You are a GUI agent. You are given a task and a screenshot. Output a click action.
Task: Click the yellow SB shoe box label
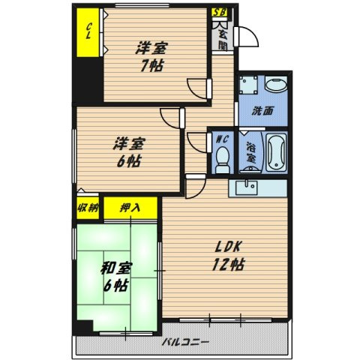click(x=220, y=12)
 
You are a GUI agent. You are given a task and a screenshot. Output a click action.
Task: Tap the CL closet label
click(x=88, y=31)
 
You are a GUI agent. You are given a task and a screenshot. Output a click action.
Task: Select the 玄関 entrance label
click(x=223, y=40)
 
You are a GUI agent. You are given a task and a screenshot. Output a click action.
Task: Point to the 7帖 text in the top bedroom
click(x=152, y=66)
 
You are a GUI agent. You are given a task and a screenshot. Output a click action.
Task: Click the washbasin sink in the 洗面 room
click(x=276, y=85)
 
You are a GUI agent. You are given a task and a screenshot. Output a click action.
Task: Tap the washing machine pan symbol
click(x=248, y=85)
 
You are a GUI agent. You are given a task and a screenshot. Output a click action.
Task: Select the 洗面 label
click(x=262, y=111)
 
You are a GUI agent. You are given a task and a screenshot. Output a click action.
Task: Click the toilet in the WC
click(x=222, y=160)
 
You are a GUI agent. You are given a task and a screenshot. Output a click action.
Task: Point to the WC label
click(x=222, y=139)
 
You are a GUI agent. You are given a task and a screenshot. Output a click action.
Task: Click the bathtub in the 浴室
click(x=276, y=152)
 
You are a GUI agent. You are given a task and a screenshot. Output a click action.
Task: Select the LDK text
click(x=228, y=247)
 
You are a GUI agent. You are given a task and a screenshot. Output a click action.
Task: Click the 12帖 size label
click(x=228, y=265)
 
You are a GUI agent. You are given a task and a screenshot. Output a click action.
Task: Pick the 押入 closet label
click(x=130, y=208)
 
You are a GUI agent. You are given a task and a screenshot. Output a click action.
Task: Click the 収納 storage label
click(x=88, y=208)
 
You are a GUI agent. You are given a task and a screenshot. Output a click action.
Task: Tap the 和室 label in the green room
click(x=115, y=268)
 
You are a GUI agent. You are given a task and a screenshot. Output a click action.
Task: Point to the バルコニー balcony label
click(x=185, y=341)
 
